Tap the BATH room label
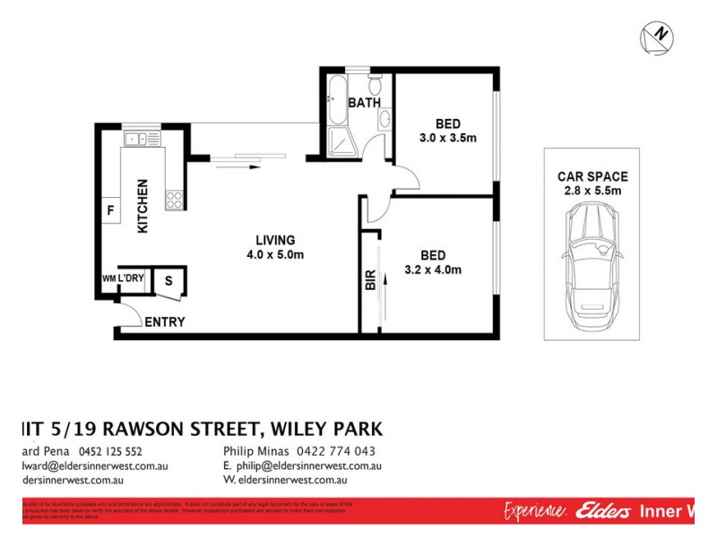[364, 104]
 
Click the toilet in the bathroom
[376, 85]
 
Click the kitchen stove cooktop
[174, 200]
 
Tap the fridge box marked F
[110, 211]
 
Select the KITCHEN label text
[142, 207]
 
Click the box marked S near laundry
[168, 281]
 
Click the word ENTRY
[165, 322]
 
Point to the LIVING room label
[275, 240]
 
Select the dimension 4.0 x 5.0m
[275, 255]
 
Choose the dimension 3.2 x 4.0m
[433, 269]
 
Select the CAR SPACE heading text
[592, 176]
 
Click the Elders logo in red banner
[600, 511]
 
